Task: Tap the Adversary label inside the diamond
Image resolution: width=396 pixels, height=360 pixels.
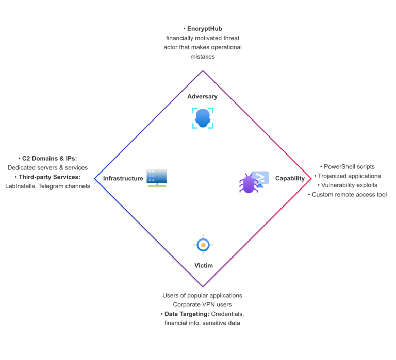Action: click(x=202, y=96)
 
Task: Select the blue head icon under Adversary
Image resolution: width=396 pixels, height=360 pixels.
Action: click(x=203, y=118)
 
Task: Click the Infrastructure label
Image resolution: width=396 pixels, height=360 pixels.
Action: click(x=123, y=178)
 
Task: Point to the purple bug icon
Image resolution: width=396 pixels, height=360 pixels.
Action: click(x=249, y=183)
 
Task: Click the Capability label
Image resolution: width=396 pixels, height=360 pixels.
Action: click(x=289, y=178)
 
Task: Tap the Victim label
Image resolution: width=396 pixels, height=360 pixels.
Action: click(x=204, y=266)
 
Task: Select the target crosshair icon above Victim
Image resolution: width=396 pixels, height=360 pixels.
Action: click(x=203, y=245)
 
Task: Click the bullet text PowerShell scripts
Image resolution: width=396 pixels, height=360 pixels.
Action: click(x=349, y=166)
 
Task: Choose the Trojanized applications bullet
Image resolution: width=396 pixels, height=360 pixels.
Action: click(x=349, y=176)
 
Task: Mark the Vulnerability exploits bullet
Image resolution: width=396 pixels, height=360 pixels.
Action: click(x=349, y=185)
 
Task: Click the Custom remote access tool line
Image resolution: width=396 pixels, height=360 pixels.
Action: click(x=349, y=194)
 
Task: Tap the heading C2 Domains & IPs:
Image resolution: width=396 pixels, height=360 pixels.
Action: click(x=49, y=158)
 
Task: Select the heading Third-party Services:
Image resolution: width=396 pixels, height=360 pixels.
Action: click(x=49, y=177)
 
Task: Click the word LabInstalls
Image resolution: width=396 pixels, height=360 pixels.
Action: click(x=21, y=186)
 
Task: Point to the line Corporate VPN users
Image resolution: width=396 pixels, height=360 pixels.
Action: click(x=202, y=304)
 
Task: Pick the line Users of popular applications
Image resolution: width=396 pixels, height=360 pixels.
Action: click(x=202, y=295)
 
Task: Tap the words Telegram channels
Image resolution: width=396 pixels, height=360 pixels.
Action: click(x=65, y=186)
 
